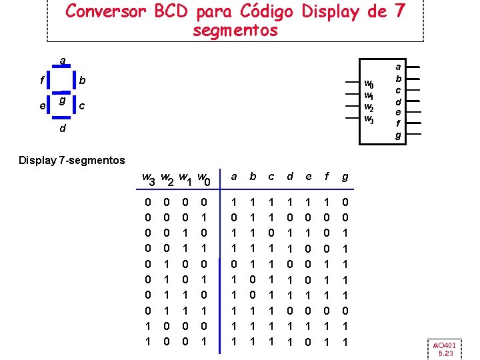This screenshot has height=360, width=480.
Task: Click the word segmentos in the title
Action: (235, 31)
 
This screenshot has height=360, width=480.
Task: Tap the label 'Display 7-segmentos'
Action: (72, 160)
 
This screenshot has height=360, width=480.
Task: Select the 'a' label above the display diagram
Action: (62, 61)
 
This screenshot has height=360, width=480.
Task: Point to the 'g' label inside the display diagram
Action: (61, 101)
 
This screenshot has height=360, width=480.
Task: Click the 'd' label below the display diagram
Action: (62, 129)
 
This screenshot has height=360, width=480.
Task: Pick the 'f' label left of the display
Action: (42, 81)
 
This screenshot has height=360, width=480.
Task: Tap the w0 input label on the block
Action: (369, 85)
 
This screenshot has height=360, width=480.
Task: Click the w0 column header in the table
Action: (206, 179)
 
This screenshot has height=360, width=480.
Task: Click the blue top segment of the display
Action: (62, 69)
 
